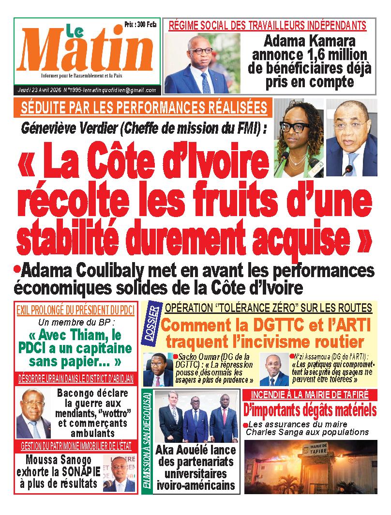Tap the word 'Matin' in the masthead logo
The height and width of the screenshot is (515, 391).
pyautogui.click(x=87, y=53)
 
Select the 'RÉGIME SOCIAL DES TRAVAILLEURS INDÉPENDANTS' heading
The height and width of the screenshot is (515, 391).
pyautogui.click(x=267, y=25)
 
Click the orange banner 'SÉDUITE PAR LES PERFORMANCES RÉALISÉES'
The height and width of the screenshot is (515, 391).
pyautogui.click(x=144, y=107)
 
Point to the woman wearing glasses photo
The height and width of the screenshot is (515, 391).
pyautogui.click(x=296, y=138)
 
